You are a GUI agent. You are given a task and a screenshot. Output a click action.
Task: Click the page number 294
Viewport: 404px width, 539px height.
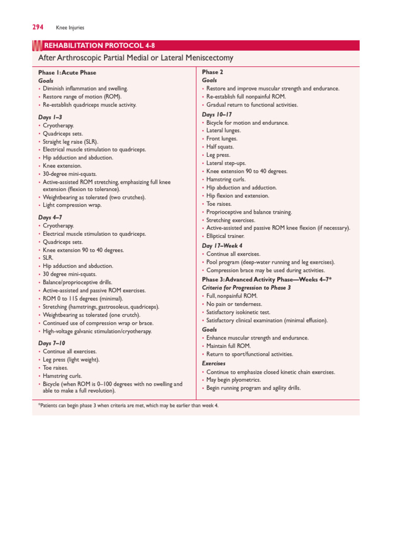coord(37,27)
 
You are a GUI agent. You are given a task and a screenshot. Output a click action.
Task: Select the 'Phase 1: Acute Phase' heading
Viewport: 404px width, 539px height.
coord(67,73)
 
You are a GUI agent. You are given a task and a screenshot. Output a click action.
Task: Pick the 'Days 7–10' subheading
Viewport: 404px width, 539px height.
coord(52,343)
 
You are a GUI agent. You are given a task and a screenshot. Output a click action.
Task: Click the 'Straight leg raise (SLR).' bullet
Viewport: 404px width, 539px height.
coord(71,142)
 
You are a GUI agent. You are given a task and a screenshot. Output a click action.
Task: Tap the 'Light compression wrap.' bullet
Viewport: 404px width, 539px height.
coord(72,205)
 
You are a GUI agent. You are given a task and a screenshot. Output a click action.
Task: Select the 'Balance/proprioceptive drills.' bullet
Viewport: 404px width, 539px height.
coord(77,282)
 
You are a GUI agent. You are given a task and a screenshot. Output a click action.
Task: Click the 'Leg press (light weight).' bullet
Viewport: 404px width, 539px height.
coord(71,360)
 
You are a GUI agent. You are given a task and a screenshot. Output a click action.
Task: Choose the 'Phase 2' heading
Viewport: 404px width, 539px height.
coord(210,72)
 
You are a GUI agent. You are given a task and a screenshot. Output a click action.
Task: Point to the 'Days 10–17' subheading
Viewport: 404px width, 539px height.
coord(217,114)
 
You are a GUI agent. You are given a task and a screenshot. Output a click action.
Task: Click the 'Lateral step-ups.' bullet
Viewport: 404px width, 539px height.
coord(226,163)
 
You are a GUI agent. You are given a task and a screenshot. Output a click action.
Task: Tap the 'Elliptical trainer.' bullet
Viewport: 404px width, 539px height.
coord(226,236)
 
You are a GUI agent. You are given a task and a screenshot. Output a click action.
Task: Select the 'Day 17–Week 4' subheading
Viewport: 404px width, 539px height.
coord(223,245)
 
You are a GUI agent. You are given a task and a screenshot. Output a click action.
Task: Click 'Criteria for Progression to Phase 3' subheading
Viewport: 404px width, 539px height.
coord(246,288)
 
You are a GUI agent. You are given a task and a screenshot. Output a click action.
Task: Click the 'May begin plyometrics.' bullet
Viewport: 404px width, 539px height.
coord(234,380)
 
